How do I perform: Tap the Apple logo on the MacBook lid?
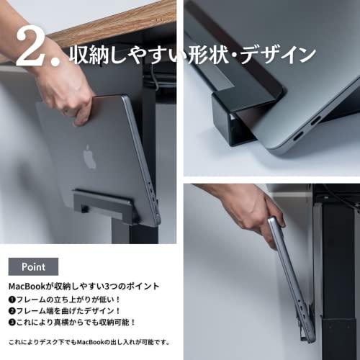click(x=89, y=156)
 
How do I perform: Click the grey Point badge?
click(x=33, y=266)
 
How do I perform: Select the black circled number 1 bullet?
click(x=12, y=300)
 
